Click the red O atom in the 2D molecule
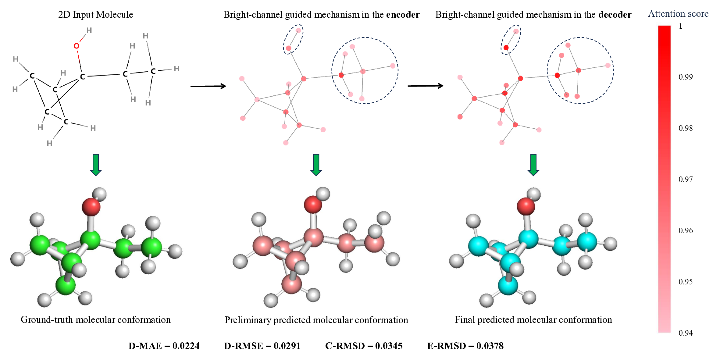tap(76, 46)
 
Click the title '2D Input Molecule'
tap(95, 14)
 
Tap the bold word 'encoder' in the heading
tap(403, 15)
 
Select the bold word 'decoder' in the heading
tap(615, 15)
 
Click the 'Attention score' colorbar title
tap(678, 14)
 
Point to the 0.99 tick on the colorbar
tap(686, 77)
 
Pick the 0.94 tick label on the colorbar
tap(686, 333)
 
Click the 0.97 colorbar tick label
tap(686, 179)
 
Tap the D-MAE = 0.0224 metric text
tap(164, 346)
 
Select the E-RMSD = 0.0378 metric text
tap(465, 346)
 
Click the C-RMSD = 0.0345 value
tap(364, 346)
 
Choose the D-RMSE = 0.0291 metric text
tap(262, 346)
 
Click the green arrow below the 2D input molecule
tap(96, 165)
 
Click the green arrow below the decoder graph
tap(533, 165)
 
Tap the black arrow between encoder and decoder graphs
tap(425, 86)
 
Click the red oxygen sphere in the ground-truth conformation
tap(91, 207)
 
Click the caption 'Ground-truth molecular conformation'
tap(95, 319)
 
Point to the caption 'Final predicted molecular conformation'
tap(533, 319)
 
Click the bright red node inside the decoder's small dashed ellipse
tap(506, 48)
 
